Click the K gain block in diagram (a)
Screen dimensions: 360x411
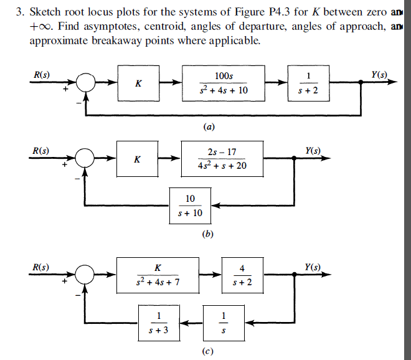tap(138, 85)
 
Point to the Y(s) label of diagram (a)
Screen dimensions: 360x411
tap(379, 75)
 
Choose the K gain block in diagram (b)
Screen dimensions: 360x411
tap(138, 159)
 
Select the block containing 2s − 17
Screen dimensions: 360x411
tap(222, 159)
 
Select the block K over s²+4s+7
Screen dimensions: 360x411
tap(158, 275)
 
